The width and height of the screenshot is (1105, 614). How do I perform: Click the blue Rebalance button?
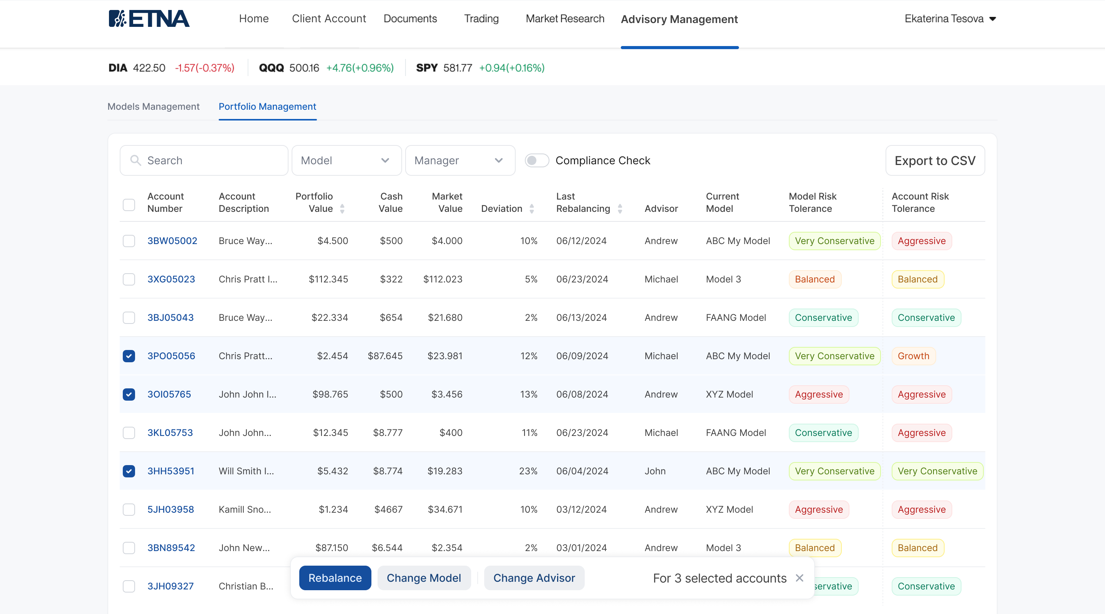335,578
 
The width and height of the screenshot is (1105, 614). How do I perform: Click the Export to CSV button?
935,160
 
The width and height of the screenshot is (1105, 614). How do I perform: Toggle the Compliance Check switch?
536,160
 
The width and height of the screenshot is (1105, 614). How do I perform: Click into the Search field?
210,160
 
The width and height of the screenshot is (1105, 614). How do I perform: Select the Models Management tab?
153,106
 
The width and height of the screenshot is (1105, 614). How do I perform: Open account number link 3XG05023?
171,279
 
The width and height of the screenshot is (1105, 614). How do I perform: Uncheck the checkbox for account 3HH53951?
129,471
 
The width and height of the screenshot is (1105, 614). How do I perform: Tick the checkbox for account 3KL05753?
129,432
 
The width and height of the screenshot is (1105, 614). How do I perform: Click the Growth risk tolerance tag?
913,356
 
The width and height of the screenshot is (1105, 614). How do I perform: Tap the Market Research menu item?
564,19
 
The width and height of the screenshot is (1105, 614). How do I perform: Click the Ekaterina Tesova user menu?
949,19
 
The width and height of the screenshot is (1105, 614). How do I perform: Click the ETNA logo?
149,19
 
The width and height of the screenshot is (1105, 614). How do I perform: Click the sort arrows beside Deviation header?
531,209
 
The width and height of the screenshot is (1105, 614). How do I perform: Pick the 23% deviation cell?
528,471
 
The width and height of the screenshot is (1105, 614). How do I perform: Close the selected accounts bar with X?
799,578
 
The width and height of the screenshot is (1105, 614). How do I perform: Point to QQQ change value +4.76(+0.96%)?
360,68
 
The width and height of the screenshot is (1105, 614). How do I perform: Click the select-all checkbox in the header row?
129,205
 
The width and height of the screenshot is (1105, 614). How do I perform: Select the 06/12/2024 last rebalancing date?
581,241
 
